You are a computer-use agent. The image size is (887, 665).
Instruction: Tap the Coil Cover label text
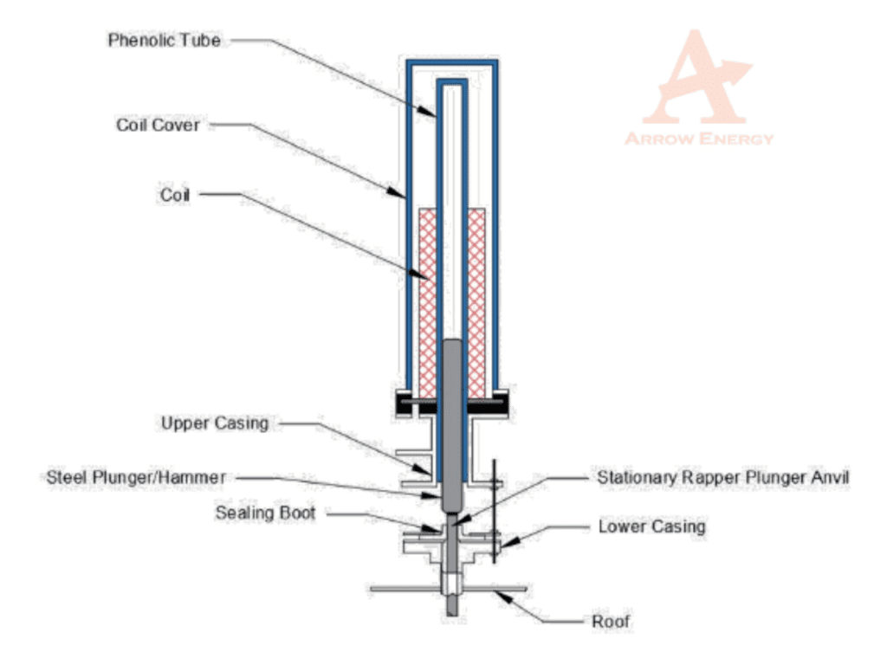[x=158, y=126]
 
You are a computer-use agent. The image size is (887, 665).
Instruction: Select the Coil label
[x=173, y=195]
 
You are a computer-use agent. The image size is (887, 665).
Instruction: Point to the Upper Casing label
[x=215, y=423]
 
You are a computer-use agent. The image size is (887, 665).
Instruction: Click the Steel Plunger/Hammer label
[x=136, y=477]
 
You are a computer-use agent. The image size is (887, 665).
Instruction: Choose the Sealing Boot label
[x=265, y=513]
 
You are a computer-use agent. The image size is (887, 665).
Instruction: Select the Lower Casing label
[x=652, y=526]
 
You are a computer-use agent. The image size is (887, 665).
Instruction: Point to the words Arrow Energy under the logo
[x=699, y=139]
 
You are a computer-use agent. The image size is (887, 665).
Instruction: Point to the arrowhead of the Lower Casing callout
[x=506, y=545]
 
